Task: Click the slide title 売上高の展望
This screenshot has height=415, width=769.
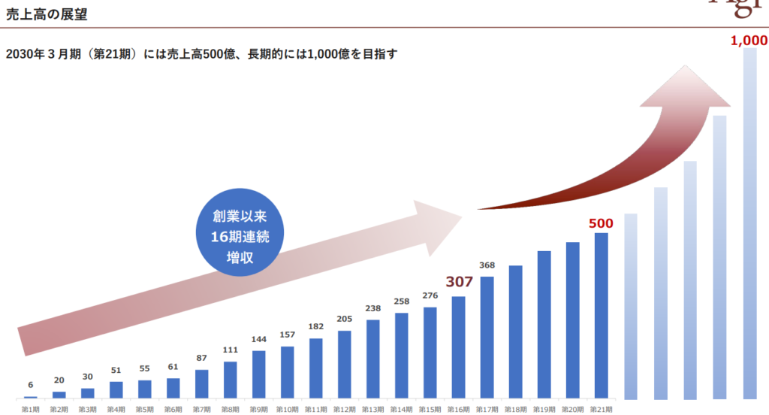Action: (x=46, y=12)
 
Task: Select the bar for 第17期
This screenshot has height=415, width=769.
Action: (x=487, y=337)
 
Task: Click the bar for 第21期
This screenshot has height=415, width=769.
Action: (x=601, y=315)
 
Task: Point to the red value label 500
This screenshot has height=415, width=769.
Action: (x=601, y=223)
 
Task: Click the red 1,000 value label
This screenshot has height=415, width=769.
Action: (x=749, y=41)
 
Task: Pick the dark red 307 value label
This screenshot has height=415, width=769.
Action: (x=459, y=282)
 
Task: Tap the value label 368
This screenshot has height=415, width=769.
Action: (x=487, y=265)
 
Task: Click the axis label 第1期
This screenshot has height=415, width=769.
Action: (x=31, y=409)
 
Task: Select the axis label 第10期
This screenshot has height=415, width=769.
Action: (x=288, y=409)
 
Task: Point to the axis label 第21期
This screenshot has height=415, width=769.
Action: (x=601, y=409)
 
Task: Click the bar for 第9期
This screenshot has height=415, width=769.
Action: (x=259, y=374)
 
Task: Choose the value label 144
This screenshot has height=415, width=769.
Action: (x=259, y=339)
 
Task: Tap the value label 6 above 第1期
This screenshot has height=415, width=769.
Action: (x=31, y=384)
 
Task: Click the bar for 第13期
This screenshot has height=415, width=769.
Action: (x=373, y=359)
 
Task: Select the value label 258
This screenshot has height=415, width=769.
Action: (x=402, y=301)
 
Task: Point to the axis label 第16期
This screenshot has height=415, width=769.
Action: (x=459, y=409)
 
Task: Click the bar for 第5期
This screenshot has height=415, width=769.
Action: (x=145, y=389)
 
